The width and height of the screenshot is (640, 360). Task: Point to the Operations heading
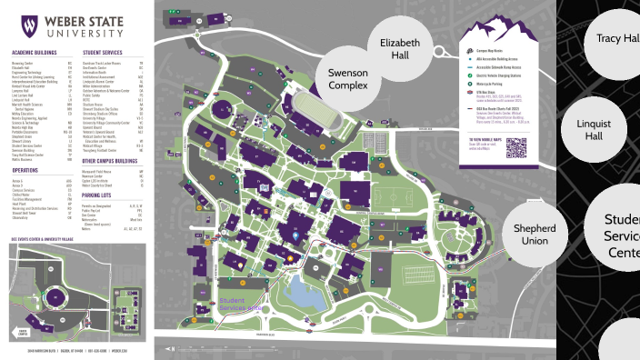click(x=25, y=169)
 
